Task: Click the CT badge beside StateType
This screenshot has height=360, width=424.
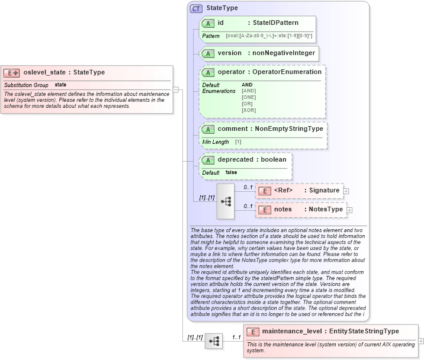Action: [196, 8]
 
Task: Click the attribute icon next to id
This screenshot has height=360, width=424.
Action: [208, 23]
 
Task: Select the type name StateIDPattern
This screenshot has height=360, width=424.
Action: [275, 23]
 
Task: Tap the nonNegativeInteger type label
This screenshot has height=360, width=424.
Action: [282, 53]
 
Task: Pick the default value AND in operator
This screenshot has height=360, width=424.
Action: [247, 85]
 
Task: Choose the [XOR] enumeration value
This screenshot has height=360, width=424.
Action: [249, 110]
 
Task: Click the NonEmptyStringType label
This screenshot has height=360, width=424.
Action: [289, 128]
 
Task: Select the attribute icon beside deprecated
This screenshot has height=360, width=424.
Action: [208, 160]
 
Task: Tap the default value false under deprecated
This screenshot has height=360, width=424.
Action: [232, 172]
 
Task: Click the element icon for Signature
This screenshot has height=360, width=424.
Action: [266, 191]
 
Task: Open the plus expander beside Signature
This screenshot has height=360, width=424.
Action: [346, 191]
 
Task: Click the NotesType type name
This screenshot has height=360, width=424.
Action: [323, 210]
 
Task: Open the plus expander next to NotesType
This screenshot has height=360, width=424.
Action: [349, 210]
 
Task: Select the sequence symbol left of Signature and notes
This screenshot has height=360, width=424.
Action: [226, 201]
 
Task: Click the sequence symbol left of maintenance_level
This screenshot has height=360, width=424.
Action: [213, 341]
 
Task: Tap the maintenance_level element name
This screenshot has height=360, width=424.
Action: [292, 332]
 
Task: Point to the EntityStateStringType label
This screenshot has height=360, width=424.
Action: [364, 332]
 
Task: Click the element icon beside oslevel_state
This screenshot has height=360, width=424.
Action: [12, 73]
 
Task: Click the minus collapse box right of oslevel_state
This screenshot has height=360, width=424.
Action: [176, 90]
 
